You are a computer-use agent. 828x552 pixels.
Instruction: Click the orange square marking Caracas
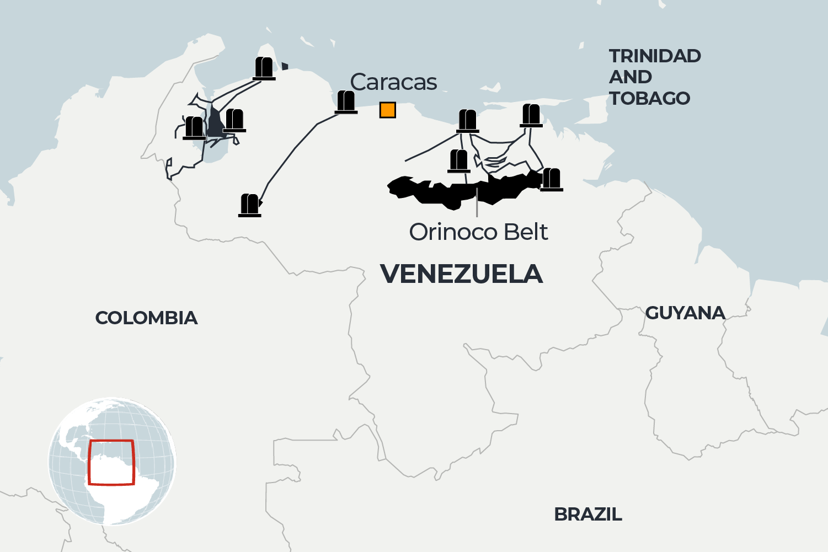pos(388,110)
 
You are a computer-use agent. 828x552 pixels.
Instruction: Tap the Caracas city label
pos(393,82)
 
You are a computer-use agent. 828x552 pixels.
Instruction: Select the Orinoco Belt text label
pos(478,232)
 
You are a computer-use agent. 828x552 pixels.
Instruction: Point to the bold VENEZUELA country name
pos(461,274)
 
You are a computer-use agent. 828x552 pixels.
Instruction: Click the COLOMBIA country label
pos(146,318)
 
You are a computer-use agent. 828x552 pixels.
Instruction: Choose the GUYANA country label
pos(685,313)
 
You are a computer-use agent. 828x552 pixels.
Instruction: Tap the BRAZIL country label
pos(587,515)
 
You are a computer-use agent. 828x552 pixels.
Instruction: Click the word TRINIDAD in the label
pos(655,56)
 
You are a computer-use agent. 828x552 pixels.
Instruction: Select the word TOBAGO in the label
pos(649,99)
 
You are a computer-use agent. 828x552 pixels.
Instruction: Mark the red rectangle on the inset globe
pos(111,462)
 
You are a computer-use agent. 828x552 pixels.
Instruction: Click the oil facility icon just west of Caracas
pos(346,102)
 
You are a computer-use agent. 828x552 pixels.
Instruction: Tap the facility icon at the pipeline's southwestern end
pos(250,205)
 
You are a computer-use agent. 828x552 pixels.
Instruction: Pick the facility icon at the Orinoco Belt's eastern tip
pos(551,180)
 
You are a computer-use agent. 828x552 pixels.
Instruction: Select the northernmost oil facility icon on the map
pos(264,68)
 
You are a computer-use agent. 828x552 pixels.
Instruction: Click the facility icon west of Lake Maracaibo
pos(194,128)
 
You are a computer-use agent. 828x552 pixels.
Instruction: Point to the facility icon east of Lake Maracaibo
pos(234,121)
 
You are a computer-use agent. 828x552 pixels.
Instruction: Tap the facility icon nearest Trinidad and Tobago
pos(531,115)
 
